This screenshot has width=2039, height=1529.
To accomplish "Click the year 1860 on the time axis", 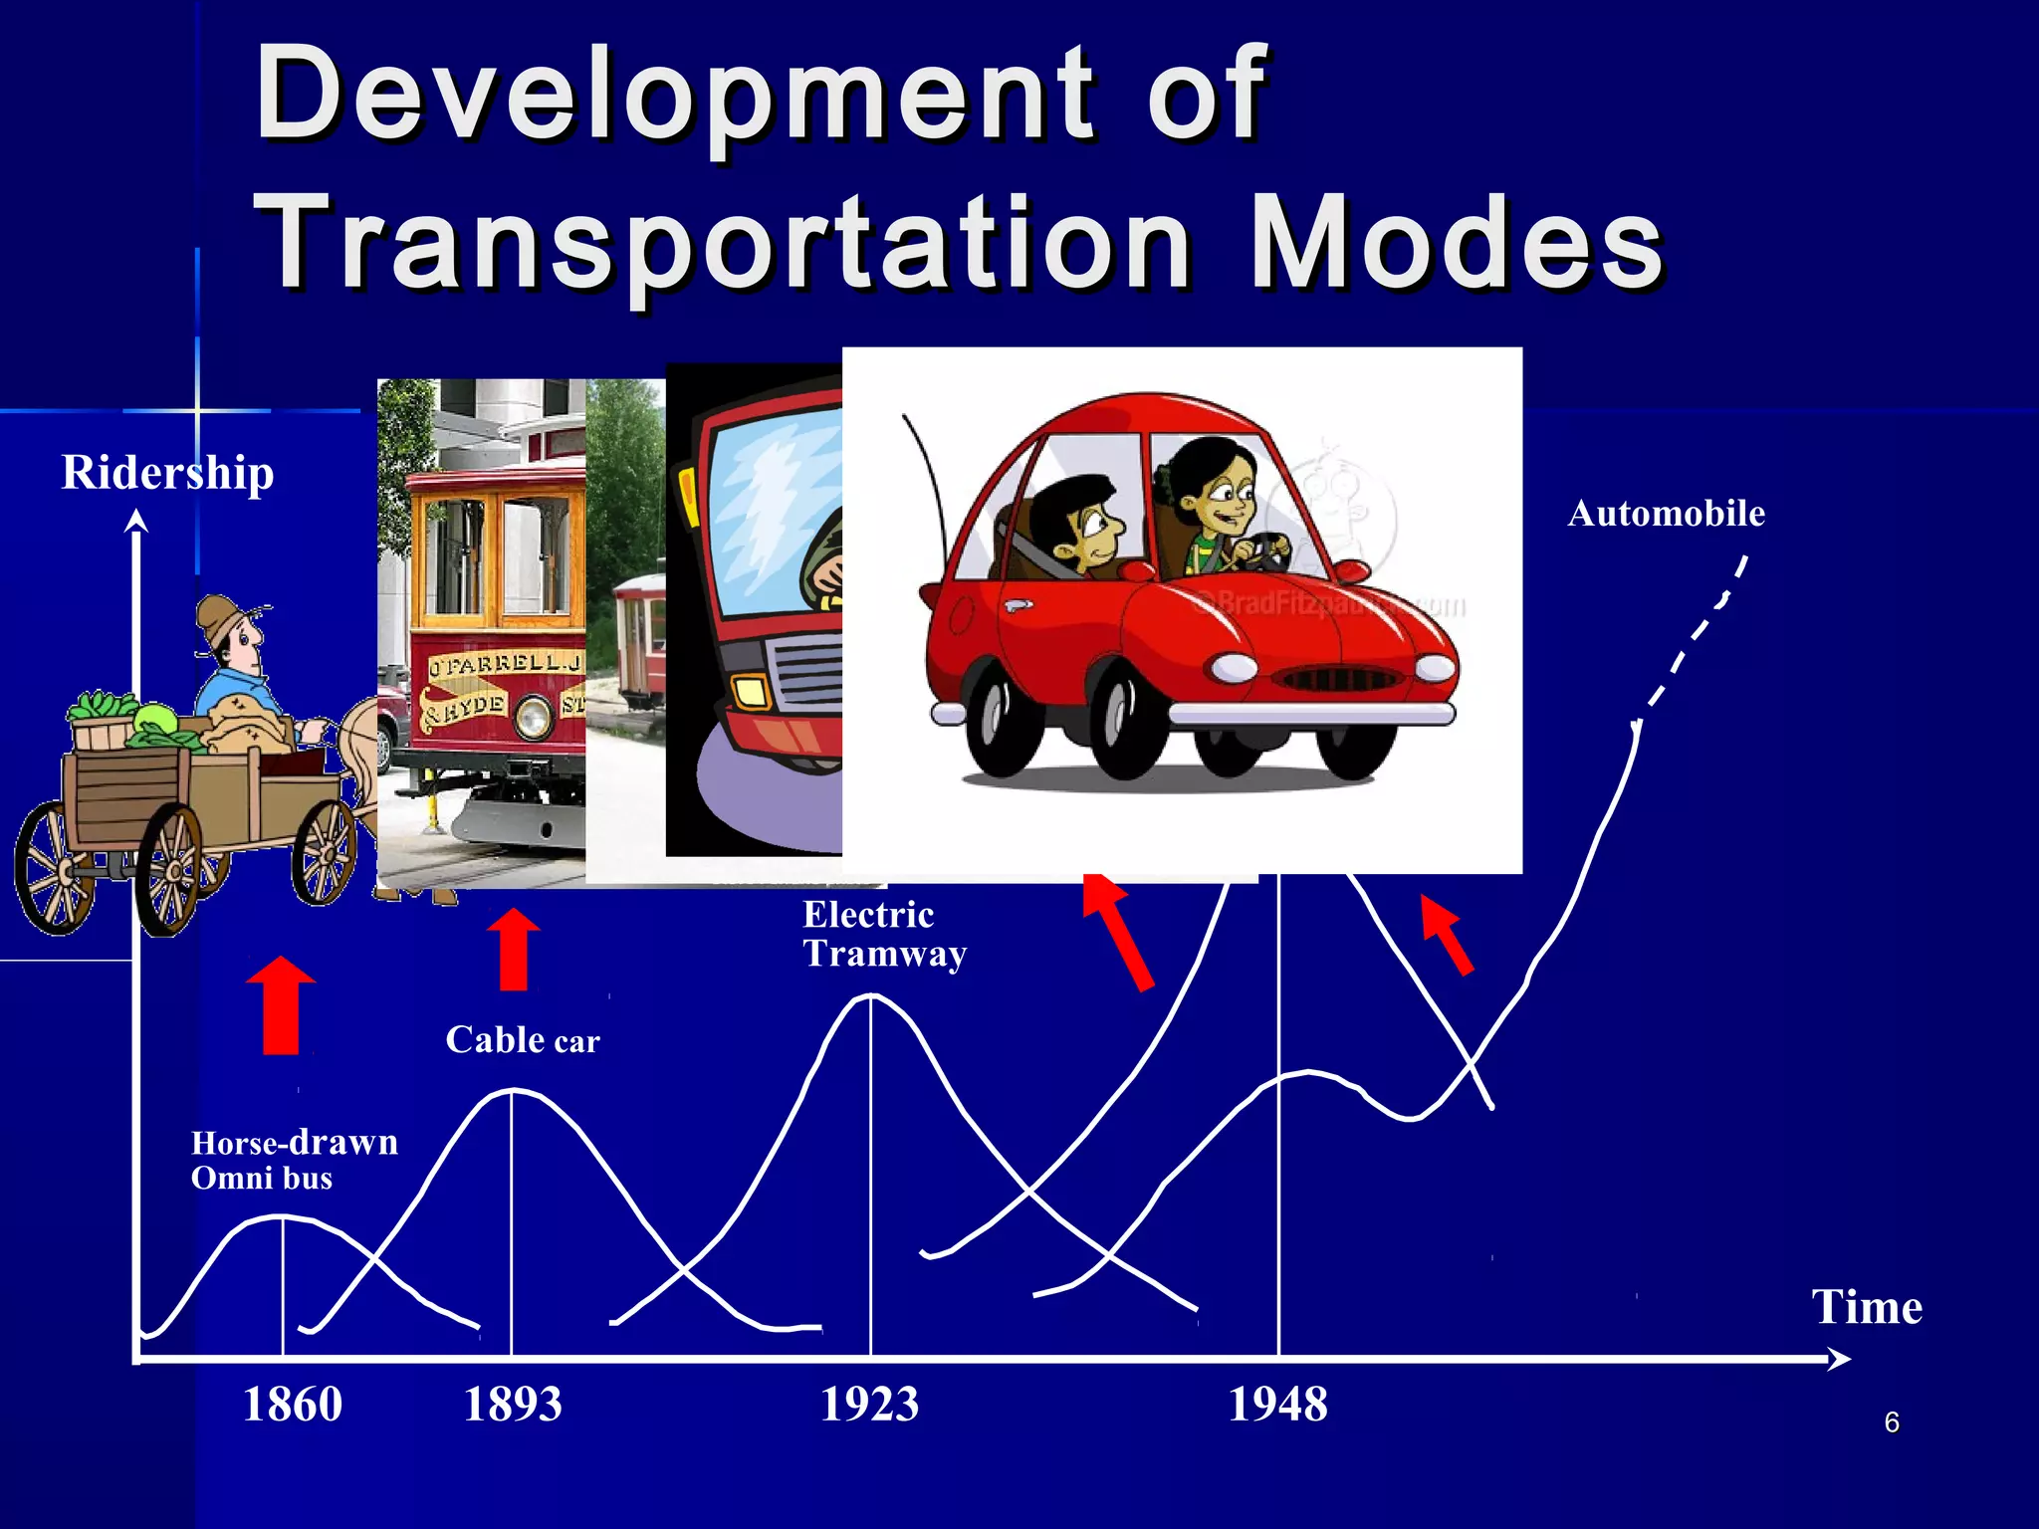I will click(x=293, y=1405).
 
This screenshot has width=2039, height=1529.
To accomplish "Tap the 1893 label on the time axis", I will click(x=513, y=1405).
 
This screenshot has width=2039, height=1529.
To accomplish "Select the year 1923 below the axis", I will click(x=869, y=1405).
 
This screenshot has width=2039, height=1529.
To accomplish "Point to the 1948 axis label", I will click(x=1277, y=1405).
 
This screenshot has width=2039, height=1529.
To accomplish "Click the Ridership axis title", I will click(x=167, y=472).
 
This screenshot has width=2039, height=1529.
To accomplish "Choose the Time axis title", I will click(x=1867, y=1307).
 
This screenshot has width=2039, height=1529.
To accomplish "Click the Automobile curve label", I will click(x=1666, y=514).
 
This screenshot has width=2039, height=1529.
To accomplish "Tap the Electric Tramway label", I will click(x=884, y=934).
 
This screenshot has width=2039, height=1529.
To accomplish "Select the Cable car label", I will click(x=523, y=1040).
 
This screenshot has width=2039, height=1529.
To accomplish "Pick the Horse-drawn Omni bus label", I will click(x=294, y=1160).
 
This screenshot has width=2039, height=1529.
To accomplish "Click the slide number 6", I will click(x=1892, y=1422).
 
